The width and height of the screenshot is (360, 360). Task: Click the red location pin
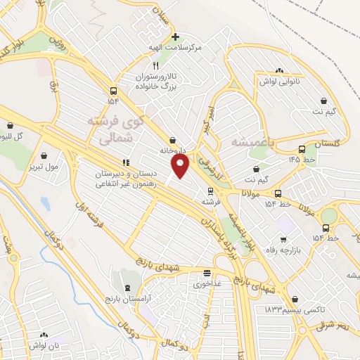(x=181, y=166)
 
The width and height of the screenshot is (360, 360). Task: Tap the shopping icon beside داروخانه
(x=173, y=141)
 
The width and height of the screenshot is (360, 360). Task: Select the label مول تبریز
(x=43, y=166)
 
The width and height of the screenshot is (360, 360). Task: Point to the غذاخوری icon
(x=207, y=273)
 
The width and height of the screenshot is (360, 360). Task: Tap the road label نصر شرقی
(x=333, y=324)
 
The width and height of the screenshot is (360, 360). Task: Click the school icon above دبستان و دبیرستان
(x=126, y=164)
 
